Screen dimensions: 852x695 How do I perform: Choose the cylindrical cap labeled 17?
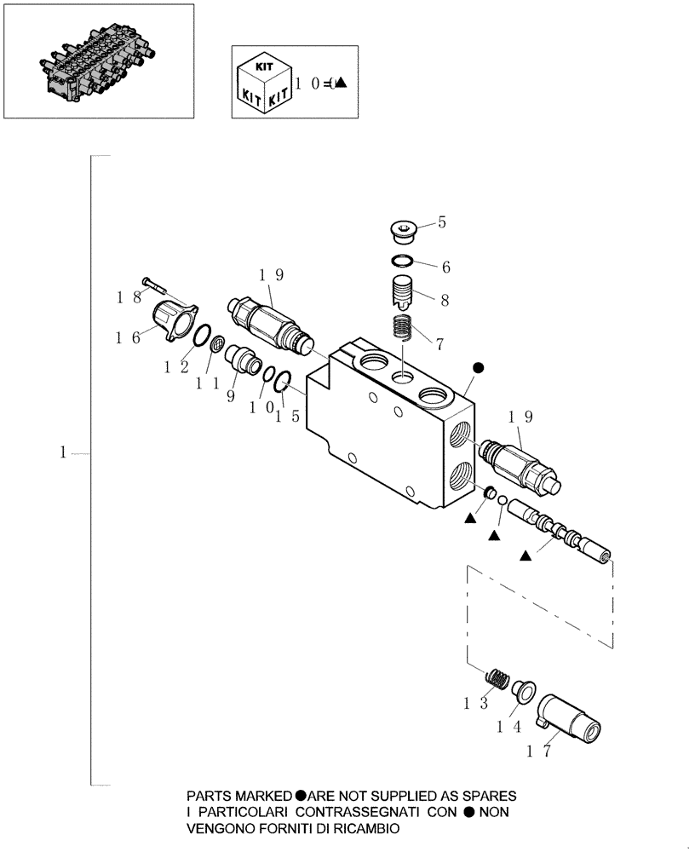point(571,721)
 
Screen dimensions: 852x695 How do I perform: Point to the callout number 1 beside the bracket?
point(63,454)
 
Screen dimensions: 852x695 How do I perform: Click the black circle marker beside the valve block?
point(478,367)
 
